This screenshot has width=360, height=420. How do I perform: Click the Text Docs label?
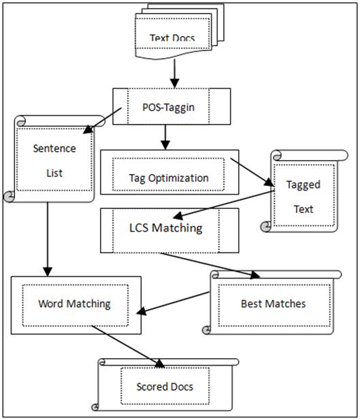coord(172,37)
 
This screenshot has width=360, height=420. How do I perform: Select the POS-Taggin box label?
coord(168,108)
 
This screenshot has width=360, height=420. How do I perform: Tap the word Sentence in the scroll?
coord(54,148)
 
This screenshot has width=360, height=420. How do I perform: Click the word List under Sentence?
coord(54,173)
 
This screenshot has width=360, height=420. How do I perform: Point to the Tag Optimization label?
coord(169,178)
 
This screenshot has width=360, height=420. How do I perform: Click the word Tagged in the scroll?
coord(304,185)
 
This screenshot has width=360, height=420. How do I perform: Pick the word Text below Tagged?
coord(304,209)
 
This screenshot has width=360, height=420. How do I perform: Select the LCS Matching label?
coord(166,228)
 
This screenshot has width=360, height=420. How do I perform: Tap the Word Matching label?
coord(74,304)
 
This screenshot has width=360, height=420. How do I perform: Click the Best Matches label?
coord(273,304)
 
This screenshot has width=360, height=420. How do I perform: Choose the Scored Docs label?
coord(165,387)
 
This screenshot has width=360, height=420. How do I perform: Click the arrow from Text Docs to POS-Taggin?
coord(175,74)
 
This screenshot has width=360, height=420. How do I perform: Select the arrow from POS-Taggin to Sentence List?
coord(103,120)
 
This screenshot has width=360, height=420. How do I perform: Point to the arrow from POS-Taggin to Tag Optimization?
coord(165,137)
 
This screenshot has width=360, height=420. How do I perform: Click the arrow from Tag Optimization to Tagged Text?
coord(252,172)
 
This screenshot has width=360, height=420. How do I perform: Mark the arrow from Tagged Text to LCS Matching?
coord(224,204)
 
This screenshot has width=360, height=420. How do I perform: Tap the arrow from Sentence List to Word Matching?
coord(48,239)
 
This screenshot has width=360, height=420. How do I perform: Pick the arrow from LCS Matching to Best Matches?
coord(210,265)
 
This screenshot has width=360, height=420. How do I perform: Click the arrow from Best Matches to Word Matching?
coord(173,303)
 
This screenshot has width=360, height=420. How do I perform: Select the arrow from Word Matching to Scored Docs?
coord(128,346)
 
